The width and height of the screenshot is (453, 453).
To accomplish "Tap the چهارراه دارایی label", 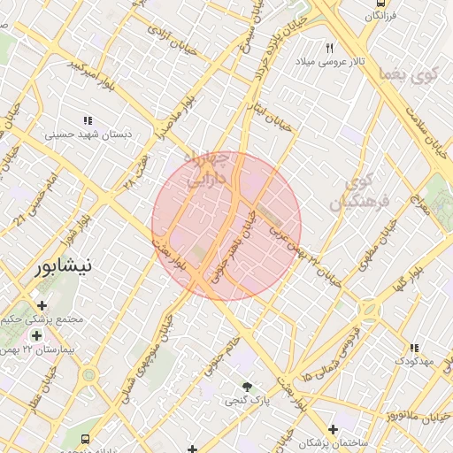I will point(208,168).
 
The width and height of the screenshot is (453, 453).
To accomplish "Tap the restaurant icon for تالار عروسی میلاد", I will point(330,48).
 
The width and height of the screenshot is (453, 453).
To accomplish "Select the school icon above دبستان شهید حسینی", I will point(88,120).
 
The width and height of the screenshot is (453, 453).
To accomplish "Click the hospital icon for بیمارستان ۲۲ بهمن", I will point(36,335).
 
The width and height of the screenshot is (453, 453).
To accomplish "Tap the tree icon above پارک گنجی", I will point(247,387).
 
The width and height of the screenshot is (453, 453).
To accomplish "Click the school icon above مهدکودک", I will point(413,346).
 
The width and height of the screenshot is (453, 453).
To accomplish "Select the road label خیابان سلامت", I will point(429,128).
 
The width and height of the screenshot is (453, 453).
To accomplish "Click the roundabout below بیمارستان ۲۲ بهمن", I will point(88,375).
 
